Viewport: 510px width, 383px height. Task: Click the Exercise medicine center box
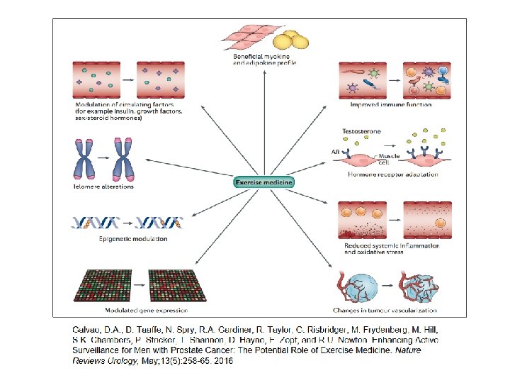(x=263, y=182)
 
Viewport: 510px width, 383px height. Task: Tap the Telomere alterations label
(x=103, y=187)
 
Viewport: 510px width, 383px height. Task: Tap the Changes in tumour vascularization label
(x=385, y=310)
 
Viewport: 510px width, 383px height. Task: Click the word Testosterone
(x=363, y=132)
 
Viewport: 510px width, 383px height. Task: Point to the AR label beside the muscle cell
(x=335, y=152)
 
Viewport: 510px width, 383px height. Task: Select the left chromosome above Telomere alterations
(x=84, y=159)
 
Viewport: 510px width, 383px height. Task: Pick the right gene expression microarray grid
(x=174, y=285)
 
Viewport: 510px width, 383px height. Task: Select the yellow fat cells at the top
(x=292, y=39)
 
